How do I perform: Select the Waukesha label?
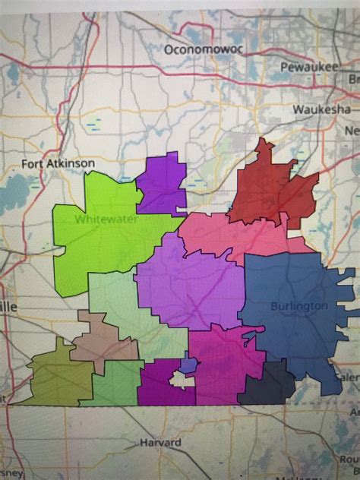321,109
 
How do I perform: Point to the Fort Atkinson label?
58,163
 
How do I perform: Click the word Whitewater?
103,219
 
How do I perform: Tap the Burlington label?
298,305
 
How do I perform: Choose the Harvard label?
160,442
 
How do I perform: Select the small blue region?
189,365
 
